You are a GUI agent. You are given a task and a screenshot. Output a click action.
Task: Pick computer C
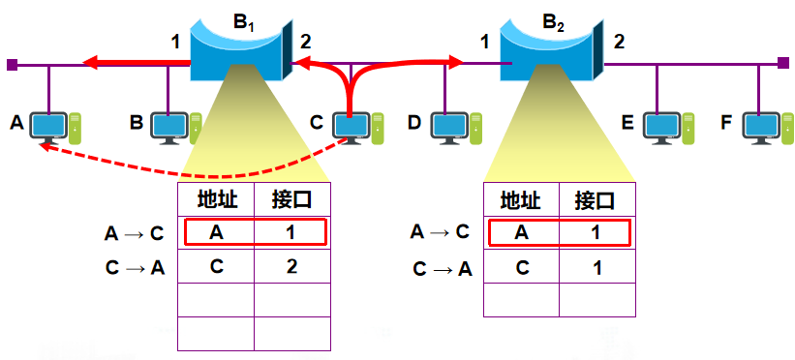point(352,127)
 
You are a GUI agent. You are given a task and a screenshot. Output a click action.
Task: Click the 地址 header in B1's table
point(216,200)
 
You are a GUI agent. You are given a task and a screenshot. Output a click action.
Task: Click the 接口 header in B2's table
point(595,201)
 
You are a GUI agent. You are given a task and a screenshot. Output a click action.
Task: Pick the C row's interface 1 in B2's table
point(595,268)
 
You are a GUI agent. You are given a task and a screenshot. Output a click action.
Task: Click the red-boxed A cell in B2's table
point(521,232)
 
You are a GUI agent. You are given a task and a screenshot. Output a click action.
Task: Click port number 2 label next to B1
point(306,42)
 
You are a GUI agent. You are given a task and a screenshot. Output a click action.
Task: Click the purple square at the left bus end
point(11,65)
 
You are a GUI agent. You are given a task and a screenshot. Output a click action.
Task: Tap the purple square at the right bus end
point(782,65)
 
